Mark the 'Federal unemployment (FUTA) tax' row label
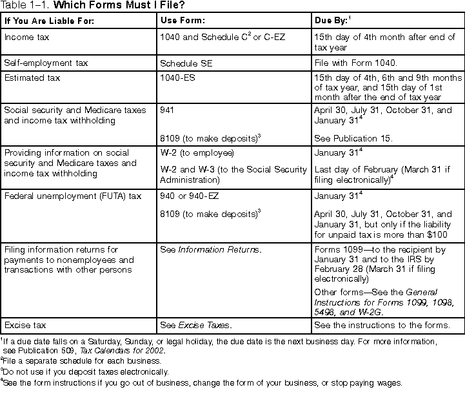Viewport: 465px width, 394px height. pyautogui.click(x=70, y=196)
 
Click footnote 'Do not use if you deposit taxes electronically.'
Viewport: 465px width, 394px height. pyautogui.click(x=86, y=371)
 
